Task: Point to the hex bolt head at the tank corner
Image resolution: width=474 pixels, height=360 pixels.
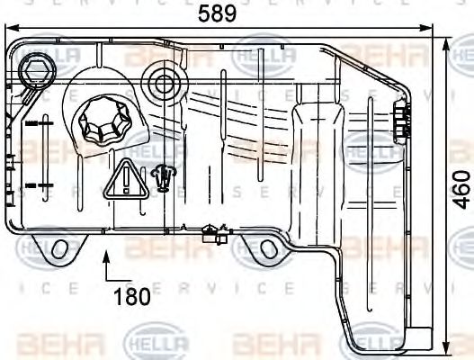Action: [37, 69]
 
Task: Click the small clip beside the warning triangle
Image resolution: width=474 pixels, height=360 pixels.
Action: [163, 179]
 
